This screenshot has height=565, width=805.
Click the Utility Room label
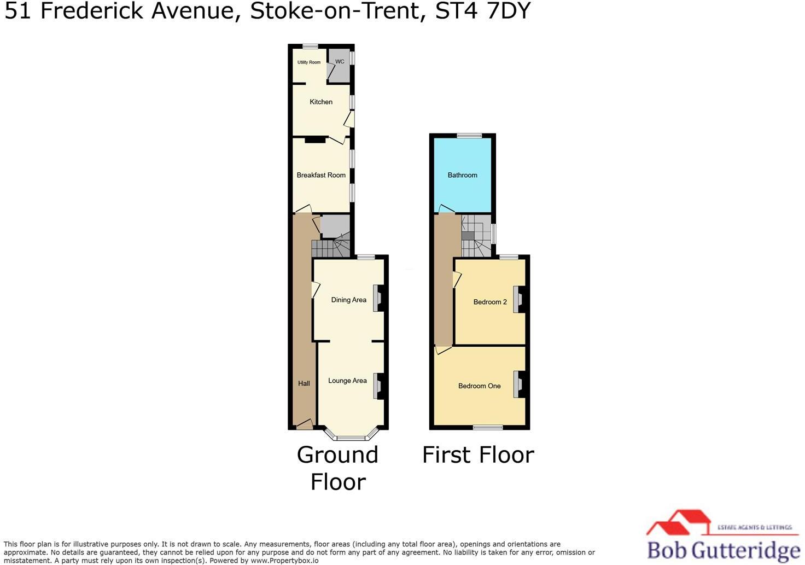[309, 62]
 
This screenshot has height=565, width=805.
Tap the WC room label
[340, 62]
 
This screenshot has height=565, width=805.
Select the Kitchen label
[321, 102]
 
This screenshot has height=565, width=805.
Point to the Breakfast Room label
[321, 175]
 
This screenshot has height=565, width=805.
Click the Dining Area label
[348, 300]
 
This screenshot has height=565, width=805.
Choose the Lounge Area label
[347, 381]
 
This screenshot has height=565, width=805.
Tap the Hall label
[304, 383]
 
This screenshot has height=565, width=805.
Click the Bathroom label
[462, 175]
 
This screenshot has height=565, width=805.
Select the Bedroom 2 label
[490, 302]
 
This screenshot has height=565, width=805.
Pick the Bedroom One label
[479, 386]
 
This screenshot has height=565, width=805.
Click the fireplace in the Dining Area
[378, 299]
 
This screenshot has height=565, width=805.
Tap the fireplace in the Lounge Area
[378, 386]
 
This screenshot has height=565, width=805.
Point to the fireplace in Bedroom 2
[518, 299]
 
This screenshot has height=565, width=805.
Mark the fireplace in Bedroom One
[518, 384]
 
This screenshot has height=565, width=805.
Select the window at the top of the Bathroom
[470, 136]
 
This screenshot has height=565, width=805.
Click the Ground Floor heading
[337, 468]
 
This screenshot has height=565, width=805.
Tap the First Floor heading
[478, 455]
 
